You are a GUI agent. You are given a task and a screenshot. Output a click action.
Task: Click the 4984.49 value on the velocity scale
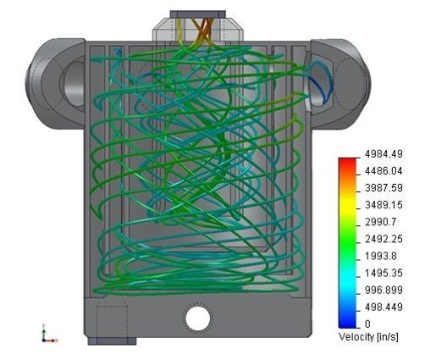click(x=384, y=154)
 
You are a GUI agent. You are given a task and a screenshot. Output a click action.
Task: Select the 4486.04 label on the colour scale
click(x=384, y=171)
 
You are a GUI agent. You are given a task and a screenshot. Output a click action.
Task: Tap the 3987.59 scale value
click(x=384, y=188)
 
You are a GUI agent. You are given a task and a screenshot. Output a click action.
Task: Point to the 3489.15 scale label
click(x=384, y=205)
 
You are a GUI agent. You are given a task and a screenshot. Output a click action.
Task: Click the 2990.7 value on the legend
click(x=381, y=222)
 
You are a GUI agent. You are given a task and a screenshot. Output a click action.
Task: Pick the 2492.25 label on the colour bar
click(x=384, y=239)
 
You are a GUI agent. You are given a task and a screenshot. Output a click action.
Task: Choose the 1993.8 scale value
click(x=381, y=256)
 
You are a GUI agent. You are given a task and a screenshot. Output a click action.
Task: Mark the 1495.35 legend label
click(x=384, y=273)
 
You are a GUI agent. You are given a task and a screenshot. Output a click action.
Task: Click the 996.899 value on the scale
click(x=384, y=290)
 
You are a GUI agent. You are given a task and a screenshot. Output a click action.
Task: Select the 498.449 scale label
click(x=384, y=307)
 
